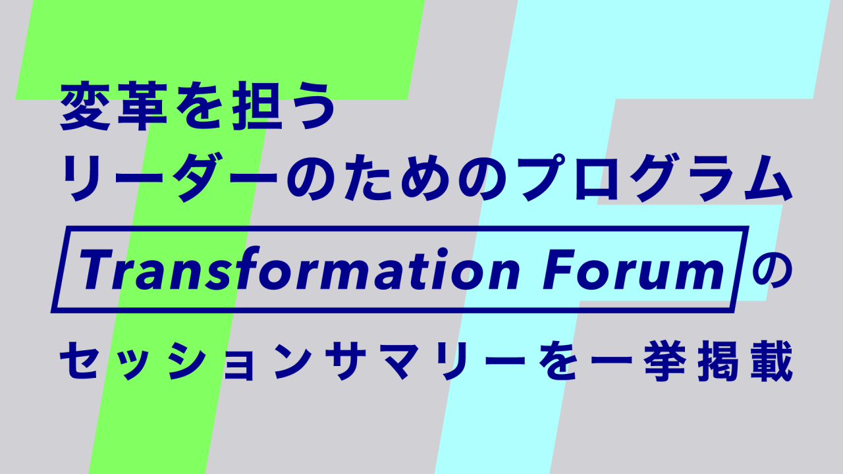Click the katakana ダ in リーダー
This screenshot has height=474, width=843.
(200, 178)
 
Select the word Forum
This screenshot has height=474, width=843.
(634, 270)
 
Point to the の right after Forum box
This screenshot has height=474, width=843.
(771, 270)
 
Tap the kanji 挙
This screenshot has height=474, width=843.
(663, 361)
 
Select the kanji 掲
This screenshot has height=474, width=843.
(717, 361)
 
